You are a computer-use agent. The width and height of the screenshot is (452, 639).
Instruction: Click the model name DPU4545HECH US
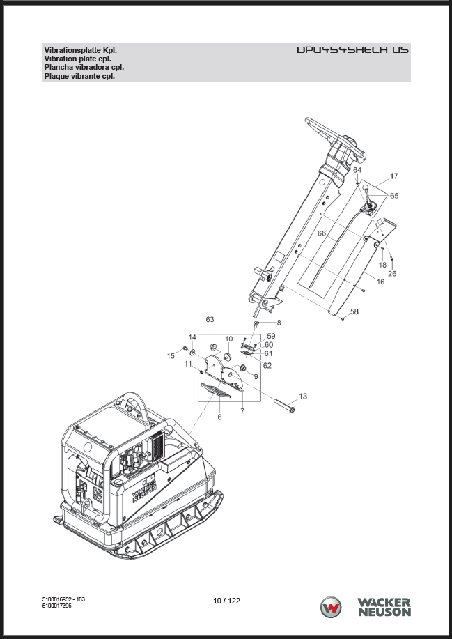tap(352, 49)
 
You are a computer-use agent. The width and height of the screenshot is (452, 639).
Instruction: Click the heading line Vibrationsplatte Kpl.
tap(81, 51)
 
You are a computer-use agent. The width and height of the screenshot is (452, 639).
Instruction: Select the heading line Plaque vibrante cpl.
tap(79, 76)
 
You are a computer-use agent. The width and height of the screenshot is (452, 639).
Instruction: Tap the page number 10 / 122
tap(226, 601)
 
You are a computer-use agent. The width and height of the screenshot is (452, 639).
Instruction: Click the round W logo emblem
tap(330, 607)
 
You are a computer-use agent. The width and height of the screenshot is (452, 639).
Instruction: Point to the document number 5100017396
tap(57, 606)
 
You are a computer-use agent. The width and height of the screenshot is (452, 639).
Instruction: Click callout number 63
tap(210, 319)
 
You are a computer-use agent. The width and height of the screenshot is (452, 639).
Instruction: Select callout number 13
tap(303, 396)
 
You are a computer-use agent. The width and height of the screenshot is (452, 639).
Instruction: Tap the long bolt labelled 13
tap(284, 406)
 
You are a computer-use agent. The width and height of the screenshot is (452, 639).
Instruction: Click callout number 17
tap(393, 176)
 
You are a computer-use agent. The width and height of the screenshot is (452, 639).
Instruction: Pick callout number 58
tap(354, 311)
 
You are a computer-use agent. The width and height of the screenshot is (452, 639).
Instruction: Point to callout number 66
tap(322, 233)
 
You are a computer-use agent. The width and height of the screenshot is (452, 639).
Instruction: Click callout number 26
tap(392, 273)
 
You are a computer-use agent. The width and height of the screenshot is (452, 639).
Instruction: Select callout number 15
tap(171, 356)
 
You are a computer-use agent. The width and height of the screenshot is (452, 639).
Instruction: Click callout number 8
tap(279, 323)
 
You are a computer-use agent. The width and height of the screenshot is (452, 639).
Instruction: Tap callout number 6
tap(220, 417)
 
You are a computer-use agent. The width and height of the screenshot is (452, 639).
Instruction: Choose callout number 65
tap(394, 196)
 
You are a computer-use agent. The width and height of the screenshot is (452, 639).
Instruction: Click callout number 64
tap(357, 169)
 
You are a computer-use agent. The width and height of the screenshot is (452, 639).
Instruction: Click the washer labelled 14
tap(192, 351)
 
